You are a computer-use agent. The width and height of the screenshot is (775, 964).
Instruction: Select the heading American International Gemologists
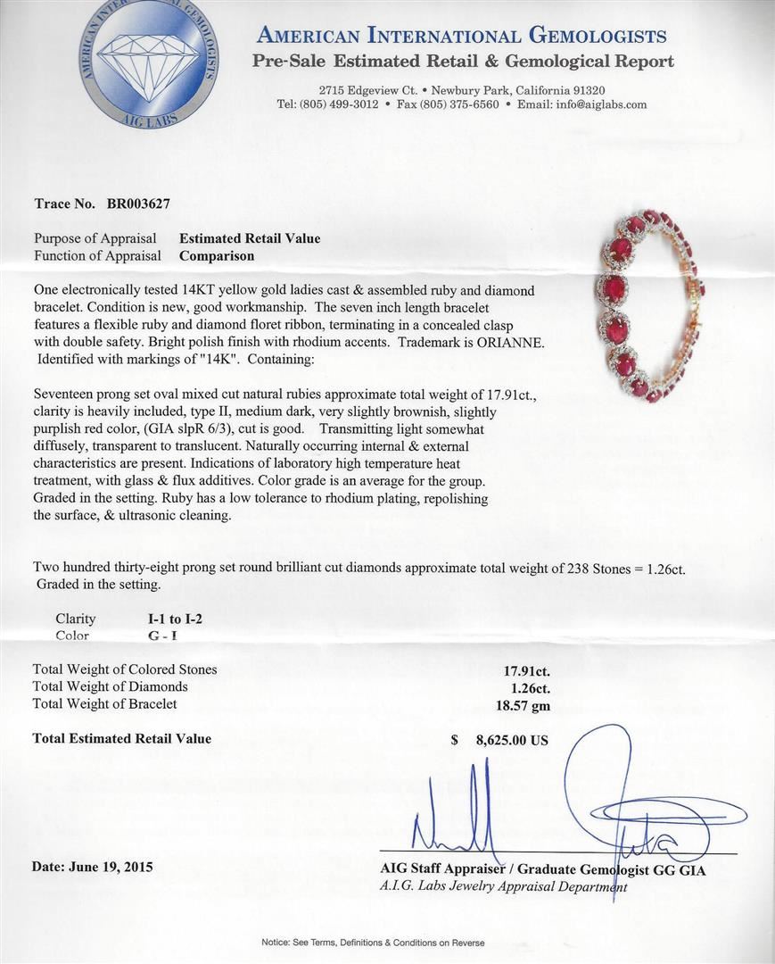tap(460, 36)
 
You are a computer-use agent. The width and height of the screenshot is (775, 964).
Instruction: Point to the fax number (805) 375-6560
tap(458, 104)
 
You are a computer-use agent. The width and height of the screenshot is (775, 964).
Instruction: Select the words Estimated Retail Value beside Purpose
tap(250, 238)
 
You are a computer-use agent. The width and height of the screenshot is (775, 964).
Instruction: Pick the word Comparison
tap(217, 255)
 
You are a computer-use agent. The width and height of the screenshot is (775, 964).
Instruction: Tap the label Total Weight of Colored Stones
tap(125, 669)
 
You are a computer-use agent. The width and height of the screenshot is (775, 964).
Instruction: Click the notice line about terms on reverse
tap(373, 943)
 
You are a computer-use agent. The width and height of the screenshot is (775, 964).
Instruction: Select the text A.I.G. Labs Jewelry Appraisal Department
tap(503, 886)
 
